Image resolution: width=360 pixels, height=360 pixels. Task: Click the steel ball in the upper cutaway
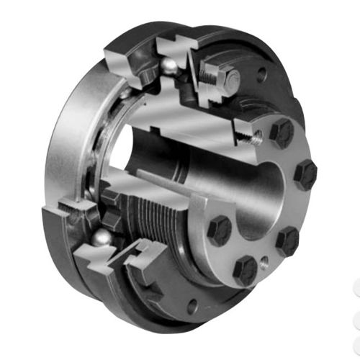pyautogui.click(x=167, y=66)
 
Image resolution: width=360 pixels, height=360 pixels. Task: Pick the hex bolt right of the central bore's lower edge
pyautogui.click(x=287, y=240)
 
